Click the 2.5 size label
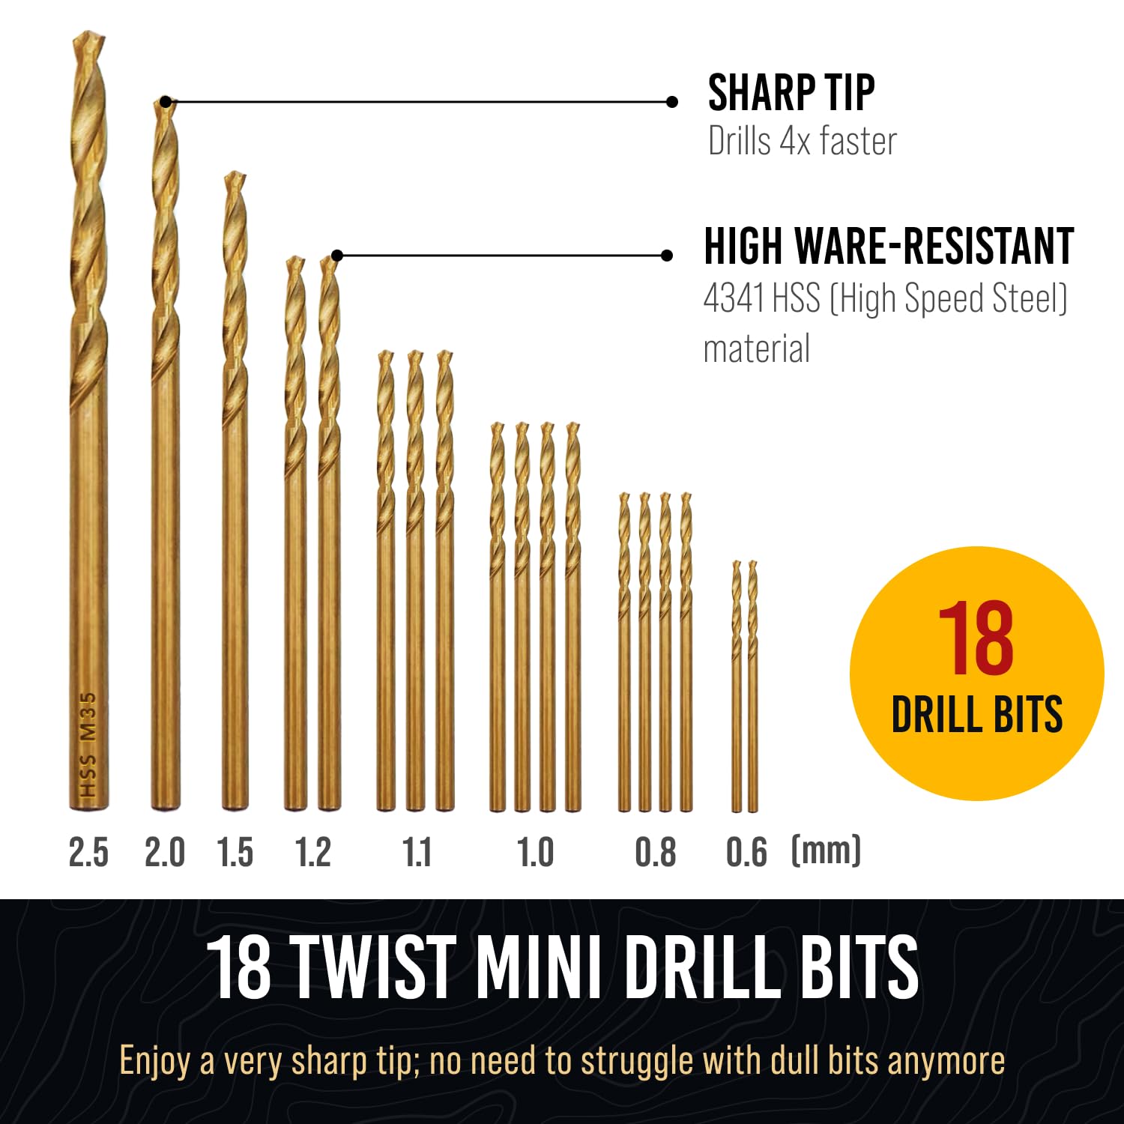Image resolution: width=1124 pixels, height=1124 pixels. [88, 853]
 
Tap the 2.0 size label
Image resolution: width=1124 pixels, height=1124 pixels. [165, 853]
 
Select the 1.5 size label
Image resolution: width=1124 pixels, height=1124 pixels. [235, 853]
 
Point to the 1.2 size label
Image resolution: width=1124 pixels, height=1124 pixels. [313, 853]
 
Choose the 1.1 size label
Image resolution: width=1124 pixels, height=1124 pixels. [417, 853]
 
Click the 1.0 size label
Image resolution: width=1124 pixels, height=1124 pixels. [535, 853]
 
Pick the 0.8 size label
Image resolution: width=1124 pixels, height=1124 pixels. [656, 853]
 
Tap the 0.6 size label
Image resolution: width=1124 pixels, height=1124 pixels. [746, 853]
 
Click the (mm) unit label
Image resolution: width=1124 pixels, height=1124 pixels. [826, 850]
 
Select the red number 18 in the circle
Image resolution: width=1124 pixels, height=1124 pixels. [976, 638]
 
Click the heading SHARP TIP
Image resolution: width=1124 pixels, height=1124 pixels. [791, 93]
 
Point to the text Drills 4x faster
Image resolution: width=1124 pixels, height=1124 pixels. [802, 142]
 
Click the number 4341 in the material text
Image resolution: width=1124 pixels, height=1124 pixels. [734, 299]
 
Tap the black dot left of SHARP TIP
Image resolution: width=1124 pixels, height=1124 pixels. [672, 102]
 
